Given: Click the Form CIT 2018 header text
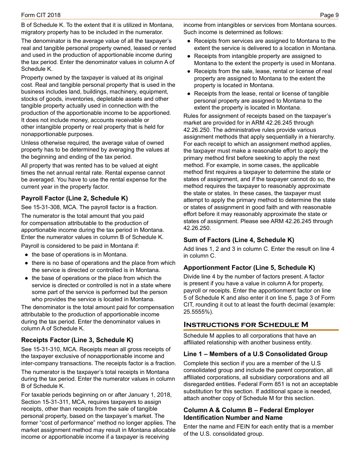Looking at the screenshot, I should coord(41,15).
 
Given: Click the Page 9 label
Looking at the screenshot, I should coord(329,15).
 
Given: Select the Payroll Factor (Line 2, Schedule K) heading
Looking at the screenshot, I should coord(74,198).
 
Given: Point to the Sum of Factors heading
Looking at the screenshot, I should coord(239,240).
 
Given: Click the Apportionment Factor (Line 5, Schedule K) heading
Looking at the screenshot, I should coord(249,267).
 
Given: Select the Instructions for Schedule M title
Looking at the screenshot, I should coord(246,325).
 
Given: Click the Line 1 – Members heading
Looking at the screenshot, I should coord(255,354).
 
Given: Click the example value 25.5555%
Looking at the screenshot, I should coord(198,312).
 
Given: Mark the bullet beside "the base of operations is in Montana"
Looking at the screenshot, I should coord(27,255).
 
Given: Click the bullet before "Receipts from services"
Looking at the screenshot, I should coord(189,41).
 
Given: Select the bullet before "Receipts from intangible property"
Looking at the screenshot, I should coord(189,56).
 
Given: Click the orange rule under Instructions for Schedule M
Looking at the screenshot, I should coord(261,330).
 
